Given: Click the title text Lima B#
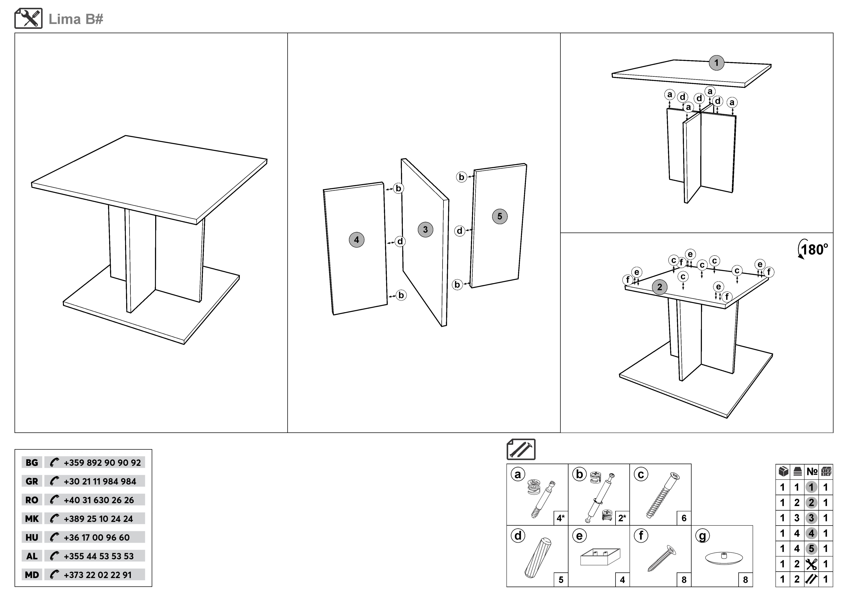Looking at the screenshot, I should pyautogui.click(x=76, y=19).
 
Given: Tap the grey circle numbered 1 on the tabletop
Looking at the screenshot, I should pyautogui.click(x=716, y=63).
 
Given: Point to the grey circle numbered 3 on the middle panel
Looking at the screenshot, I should pyautogui.click(x=425, y=229).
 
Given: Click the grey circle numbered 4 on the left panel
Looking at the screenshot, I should pyautogui.click(x=356, y=240).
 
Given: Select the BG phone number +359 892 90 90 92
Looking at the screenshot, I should pyautogui.click(x=102, y=463).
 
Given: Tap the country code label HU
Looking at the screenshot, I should pyautogui.click(x=32, y=538).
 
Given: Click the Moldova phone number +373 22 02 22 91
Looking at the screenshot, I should pyautogui.click(x=98, y=575).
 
